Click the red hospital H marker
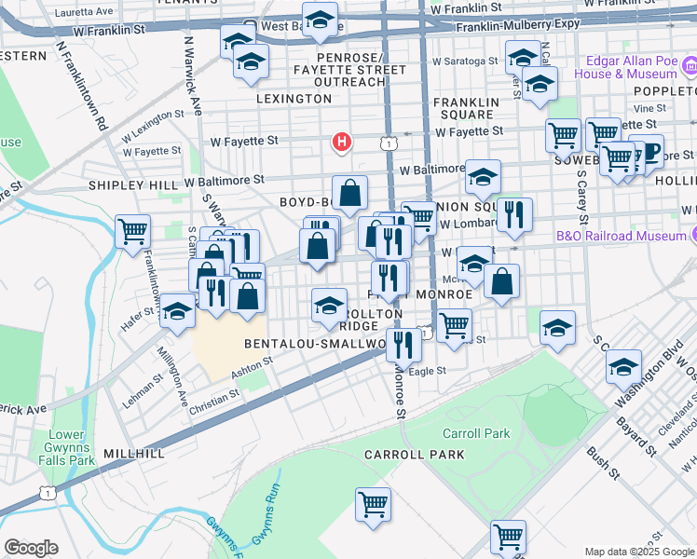342,143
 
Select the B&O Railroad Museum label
622,237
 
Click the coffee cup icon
646,150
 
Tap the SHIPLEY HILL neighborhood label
132,184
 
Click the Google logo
31,547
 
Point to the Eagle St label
428,371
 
